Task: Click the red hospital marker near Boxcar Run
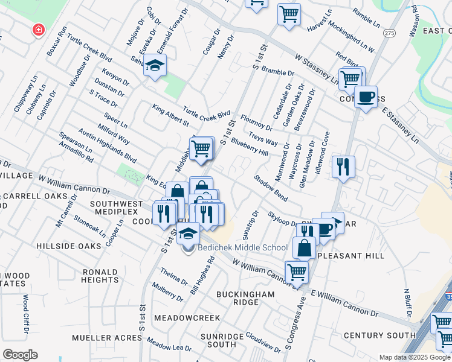pos(39,30)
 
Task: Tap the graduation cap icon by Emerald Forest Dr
pos(155,66)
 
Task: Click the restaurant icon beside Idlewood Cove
pos(343,166)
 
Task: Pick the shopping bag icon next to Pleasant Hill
pos(304,247)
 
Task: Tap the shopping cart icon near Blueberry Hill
pos(201,148)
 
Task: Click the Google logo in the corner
pos(19,355)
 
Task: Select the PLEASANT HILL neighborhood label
pos(350,256)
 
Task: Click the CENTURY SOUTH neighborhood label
pos(379,335)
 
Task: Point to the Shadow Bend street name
pos(270,188)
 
